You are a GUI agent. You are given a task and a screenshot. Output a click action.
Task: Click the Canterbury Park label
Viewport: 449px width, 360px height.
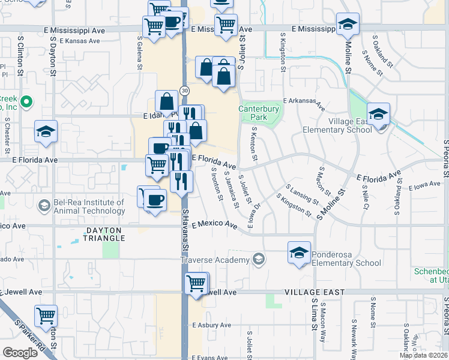click(259, 113)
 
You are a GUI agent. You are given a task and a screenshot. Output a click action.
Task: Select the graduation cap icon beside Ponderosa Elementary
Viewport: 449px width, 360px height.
click(299, 253)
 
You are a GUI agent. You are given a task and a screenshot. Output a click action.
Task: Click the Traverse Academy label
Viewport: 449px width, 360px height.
click(215, 260)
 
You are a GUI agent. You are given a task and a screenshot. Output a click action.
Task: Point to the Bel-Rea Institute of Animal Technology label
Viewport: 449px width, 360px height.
click(89, 206)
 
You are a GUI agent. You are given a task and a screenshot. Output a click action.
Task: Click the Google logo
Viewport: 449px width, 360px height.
click(20, 353)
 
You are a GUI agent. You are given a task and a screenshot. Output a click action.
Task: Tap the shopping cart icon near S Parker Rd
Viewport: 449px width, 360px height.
click(46, 316)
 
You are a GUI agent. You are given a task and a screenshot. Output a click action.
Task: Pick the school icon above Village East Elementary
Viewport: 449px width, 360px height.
click(378, 113)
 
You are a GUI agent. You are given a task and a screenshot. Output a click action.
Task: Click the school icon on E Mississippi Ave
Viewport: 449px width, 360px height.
click(346, 24)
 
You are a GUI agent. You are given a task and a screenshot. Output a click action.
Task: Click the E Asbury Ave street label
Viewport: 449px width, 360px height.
click(211, 325)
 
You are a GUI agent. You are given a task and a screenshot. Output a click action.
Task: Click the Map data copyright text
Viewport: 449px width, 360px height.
click(423, 355)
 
